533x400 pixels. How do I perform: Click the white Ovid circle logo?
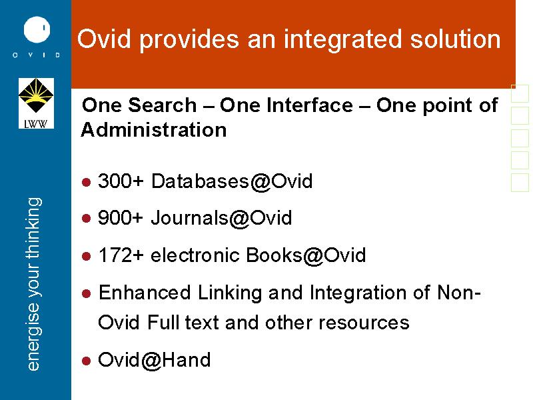click(x=37, y=29)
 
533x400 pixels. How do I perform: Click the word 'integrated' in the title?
click(x=344, y=40)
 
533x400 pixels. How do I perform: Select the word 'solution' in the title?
click(x=456, y=39)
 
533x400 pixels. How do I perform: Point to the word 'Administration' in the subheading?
click(x=154, y=129)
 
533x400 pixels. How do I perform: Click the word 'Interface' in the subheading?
click(x=286, y=105)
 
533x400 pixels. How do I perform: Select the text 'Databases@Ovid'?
click(x=232, y=181)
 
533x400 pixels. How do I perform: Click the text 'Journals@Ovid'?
click(x=221, y=218)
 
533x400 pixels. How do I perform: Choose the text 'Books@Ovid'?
click(x=306, y=255)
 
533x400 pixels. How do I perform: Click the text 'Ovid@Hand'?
click(x=155, y=360)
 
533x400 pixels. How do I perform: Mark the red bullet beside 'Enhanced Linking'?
click(x=87, y=293)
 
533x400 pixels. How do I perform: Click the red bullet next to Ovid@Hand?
click(x=87, y=361)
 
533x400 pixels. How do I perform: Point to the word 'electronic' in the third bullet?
click(x=195, y=255)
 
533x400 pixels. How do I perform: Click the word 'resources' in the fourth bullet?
click(x=364, y=323)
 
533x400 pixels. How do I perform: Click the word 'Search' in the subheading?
click(x=163, y=105)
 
